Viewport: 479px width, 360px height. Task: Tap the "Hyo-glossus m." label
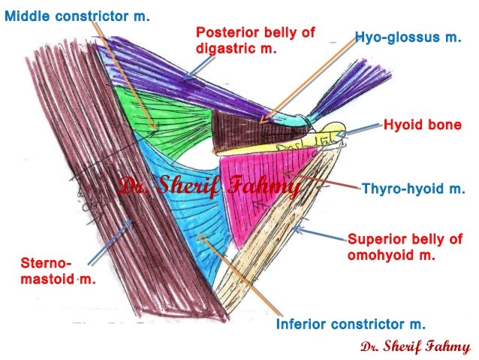coord(407,37)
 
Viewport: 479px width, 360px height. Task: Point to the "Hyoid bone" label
coord(422,125)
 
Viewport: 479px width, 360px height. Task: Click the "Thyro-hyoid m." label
coord(414,188)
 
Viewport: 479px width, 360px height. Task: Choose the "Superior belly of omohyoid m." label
coord(404,247)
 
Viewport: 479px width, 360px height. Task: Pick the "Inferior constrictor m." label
coord(351,325)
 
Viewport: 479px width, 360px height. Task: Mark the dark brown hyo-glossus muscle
coord(240,128)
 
